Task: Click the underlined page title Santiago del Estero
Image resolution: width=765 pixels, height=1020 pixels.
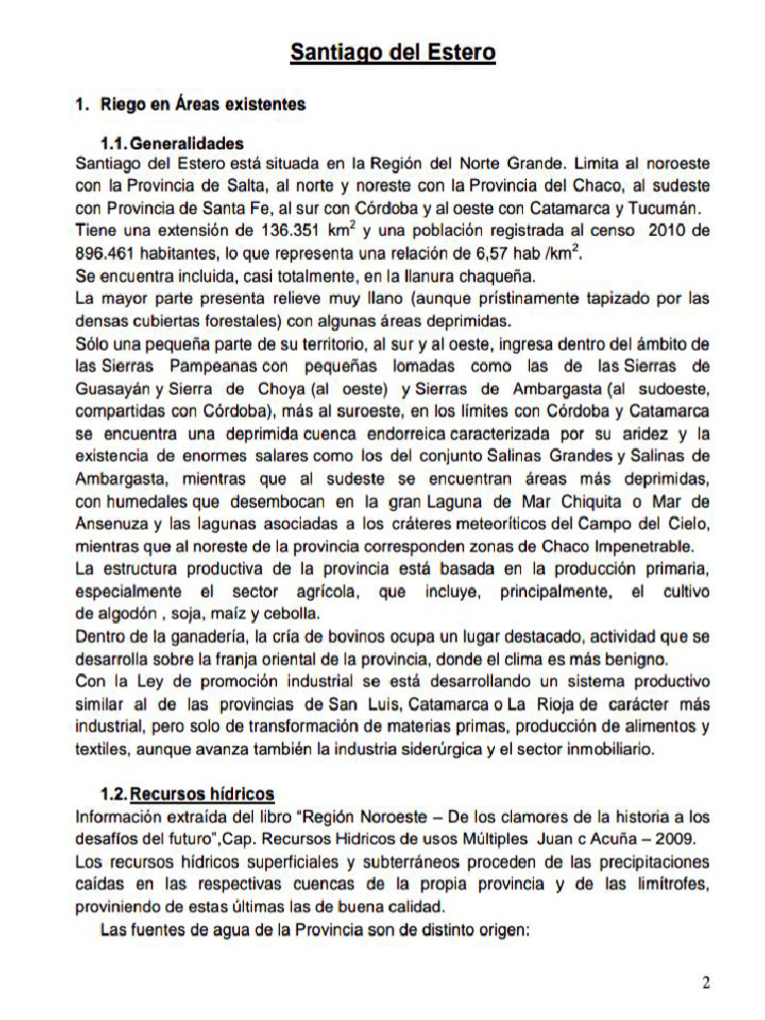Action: (392, 52)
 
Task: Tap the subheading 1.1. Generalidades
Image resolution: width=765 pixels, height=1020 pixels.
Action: (171, 142)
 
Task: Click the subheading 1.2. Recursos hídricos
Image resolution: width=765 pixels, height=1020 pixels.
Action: (187, 794)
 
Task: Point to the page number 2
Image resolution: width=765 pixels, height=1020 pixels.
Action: (705, 984)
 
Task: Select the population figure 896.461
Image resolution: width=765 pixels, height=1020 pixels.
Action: (110, 255)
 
